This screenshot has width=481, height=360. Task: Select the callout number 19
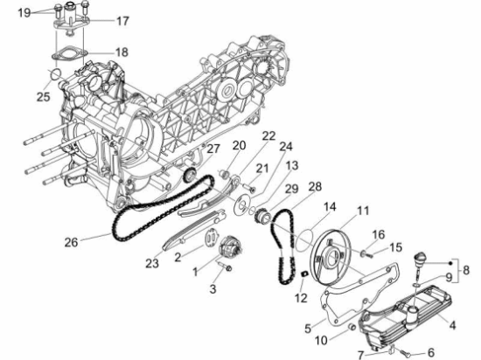point(24,11)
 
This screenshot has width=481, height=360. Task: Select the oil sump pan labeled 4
point(411,315)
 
